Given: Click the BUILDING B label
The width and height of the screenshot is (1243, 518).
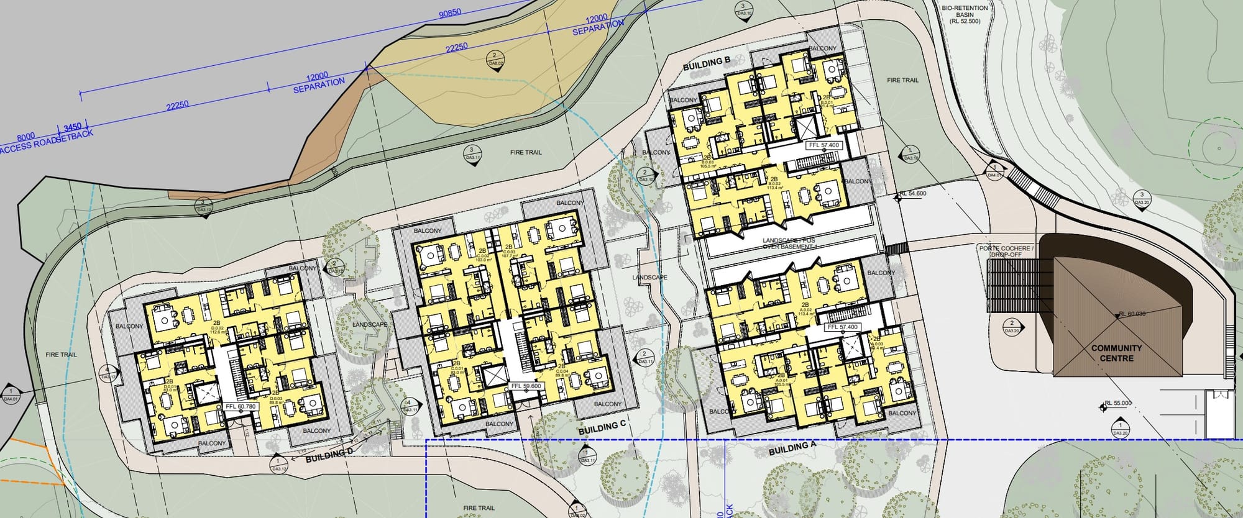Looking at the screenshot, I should [x=705, y=63].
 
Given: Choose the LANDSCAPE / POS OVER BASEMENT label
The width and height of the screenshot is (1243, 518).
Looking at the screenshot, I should [x=789, y=243].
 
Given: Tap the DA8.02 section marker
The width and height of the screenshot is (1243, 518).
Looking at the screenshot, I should [x=495, y=60].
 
